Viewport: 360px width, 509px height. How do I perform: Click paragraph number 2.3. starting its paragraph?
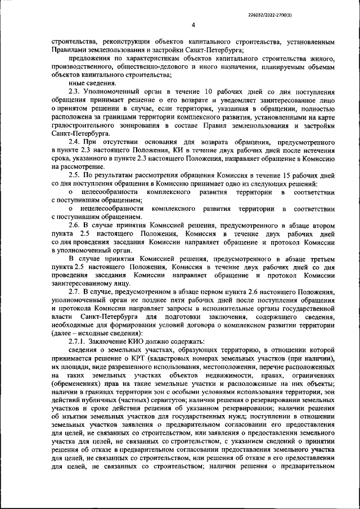(x=75, y=91)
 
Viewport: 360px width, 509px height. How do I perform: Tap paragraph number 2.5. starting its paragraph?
(x=75, y=176)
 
